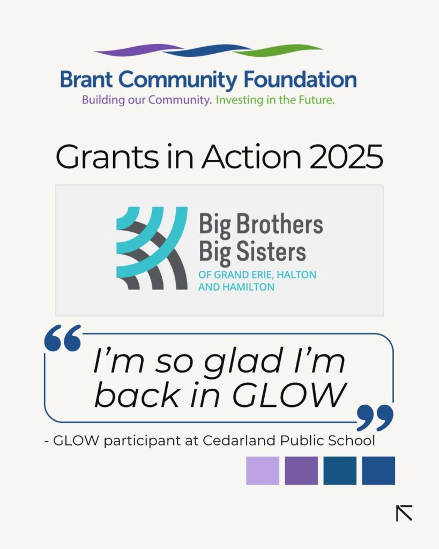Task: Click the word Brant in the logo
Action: pyautogui.click(x=86, y=79)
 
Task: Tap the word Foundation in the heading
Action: pyautogui.click(x=300, y=79)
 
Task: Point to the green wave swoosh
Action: pyautogui.click(x=278, y=50)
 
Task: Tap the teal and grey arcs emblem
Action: pyautogui.click(x=152, y=248)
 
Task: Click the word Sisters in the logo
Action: pyautogui.click(x=271, y=251)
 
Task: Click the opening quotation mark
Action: pyautogui.click(x=63, y=338)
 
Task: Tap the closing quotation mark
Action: pyautogui.click(x=375, y=418)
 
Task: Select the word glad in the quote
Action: pyautogui.click(x=243, y=362)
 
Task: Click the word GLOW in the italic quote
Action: pyautogui.click(x=289, y=395)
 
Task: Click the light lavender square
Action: pyautogui.click(x=263, y=471)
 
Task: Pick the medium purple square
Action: pyautogui.click(x=301, y=471)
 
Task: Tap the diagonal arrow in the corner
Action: pyautogui.click(x=404, y=513)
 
